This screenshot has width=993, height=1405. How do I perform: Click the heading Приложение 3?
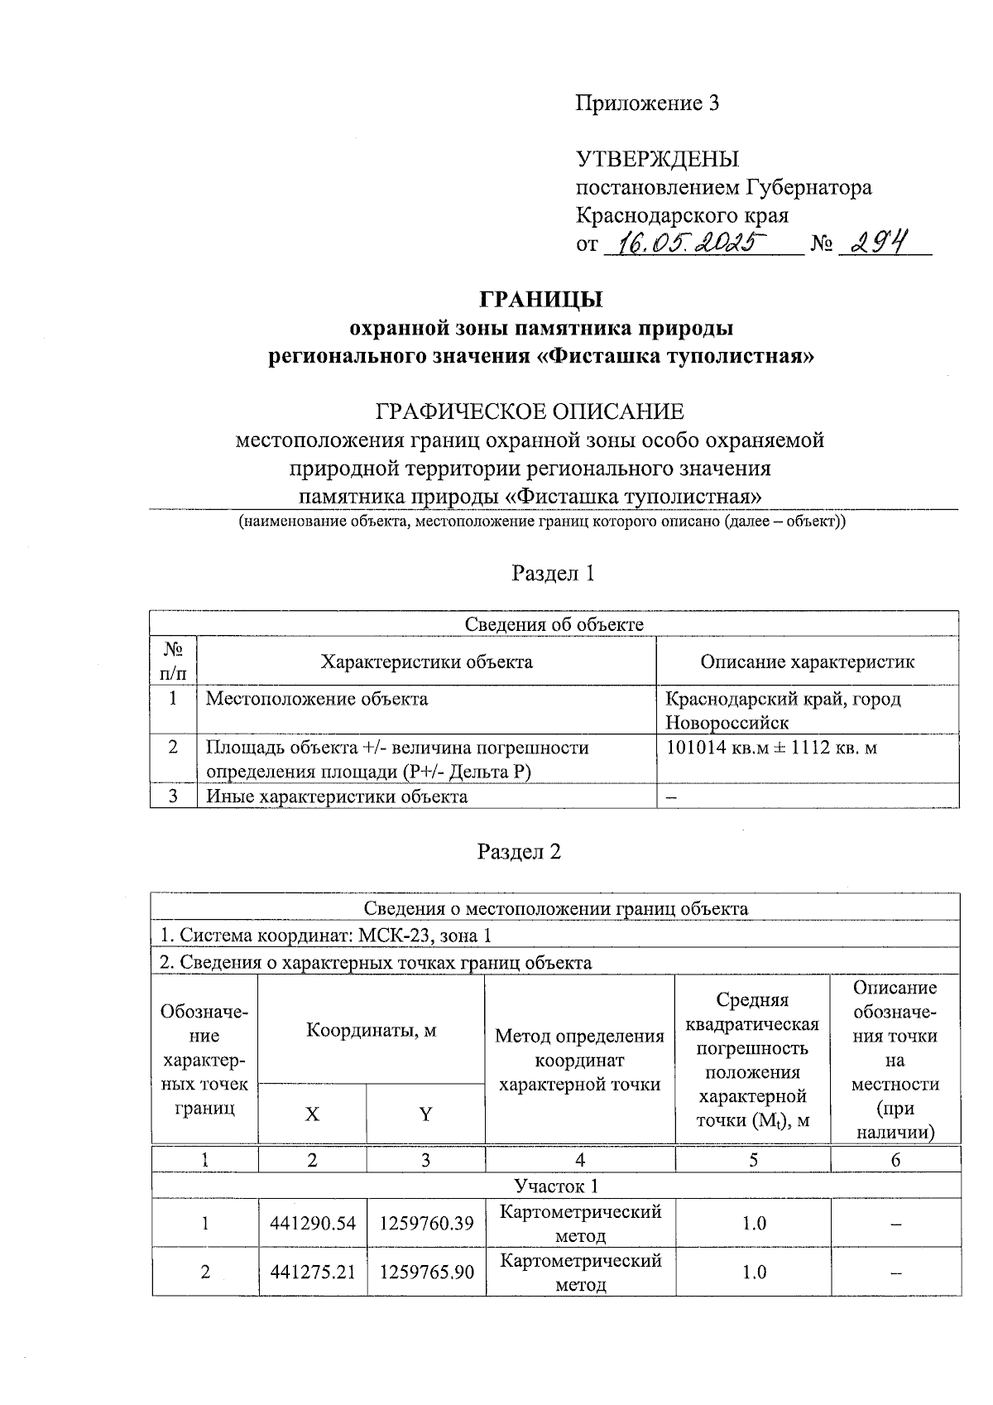click(x=647, y=103)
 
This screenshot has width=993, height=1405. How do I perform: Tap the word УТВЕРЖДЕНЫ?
click(x=657, y=159)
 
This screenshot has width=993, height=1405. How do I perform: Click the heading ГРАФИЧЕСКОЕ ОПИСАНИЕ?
click(x=530, y=411)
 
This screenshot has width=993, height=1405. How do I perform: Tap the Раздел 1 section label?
click(x=553, y=573)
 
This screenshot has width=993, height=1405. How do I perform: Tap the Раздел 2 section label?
click(x=520, y=852)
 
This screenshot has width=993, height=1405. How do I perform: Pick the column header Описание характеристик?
click(x=807, y=662)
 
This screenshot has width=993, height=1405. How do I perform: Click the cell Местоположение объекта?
click(x=317, y=699)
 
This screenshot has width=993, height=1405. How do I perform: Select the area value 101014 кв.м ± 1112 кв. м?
click(x=771, y=748)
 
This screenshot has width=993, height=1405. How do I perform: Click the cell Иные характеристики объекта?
click(x=337, y=796)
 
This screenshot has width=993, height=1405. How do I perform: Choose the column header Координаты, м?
click(x=371, y=1030)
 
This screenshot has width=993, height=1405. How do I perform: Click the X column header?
click(x=312, y=1114)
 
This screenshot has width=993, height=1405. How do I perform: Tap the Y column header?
click(x=425, y=1114)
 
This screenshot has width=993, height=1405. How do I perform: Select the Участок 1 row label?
click(x=555, y=1186)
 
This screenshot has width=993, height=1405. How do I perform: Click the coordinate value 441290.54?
click(x=312, y=1223)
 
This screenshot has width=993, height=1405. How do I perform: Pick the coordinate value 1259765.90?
click(x=426, y=1272)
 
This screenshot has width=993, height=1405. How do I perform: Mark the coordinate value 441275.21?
click(x=312, y=1272)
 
